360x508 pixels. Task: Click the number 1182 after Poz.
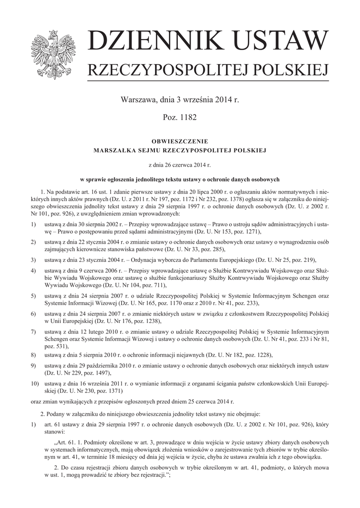188,118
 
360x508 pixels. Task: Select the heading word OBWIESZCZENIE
180,141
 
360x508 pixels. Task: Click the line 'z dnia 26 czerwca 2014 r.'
180,165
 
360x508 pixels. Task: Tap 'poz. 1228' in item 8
259,355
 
